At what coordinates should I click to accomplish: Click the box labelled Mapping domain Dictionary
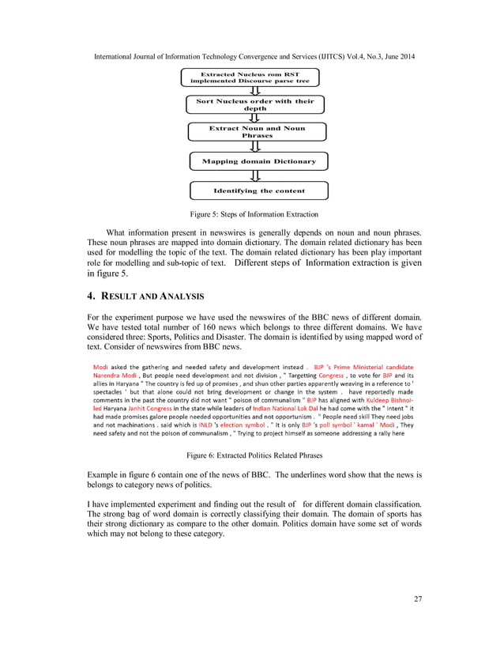(x=258, y=161)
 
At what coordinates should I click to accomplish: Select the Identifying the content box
(x=258, y=191)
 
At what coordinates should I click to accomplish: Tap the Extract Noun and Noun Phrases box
(x=256, y=131)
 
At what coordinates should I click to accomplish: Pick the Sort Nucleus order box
(x=254, y=104)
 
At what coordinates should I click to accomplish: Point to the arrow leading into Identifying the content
(x=255, y=176)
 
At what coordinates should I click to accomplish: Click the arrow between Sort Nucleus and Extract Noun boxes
(x=255, y=118)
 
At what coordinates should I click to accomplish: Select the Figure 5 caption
(x=252, y=214)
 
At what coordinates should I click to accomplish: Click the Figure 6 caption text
(x=252, y=455)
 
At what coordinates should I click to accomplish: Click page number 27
(x=417, y=598)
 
